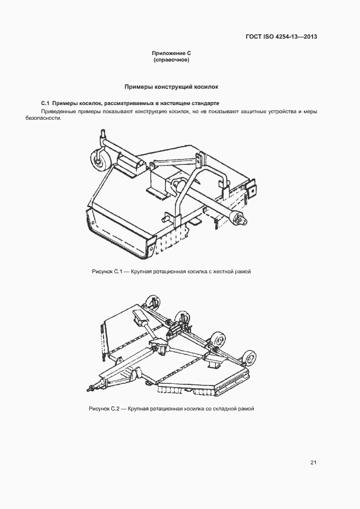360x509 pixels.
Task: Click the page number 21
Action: pyautogui.click(x=313, y=463)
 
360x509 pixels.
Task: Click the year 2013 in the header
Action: pyautogui.click(x=308, y=37)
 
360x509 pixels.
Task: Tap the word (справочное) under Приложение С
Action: pyautogui.click(x=171, y=60)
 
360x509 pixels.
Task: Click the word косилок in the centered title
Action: pyautogui.click(x=206, y=87)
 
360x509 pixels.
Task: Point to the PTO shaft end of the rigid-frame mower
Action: pyautogui.click(x=241, y=219)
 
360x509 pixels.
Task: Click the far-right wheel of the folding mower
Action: pyautogui.click(x=250, y=358)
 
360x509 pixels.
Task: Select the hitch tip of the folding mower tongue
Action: pyautogui.click(x=89, y=388)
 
